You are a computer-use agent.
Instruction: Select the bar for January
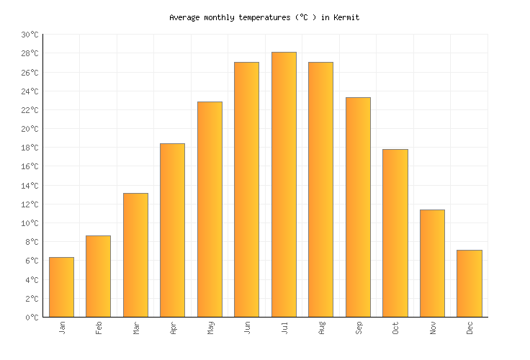[x=61, y=287]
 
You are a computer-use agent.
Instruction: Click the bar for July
[x=284, y=184]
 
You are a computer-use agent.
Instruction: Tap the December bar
[x=470, y=283]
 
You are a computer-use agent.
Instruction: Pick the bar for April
[x=172, y=230]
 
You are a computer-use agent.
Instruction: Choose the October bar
[x=395, y=233]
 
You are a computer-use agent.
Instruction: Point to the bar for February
[x=98, y=276]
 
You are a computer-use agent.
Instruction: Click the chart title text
[x=264, y=17]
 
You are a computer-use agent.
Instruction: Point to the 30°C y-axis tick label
[x=30, y=35]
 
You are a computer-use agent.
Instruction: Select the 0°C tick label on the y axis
[x=32, y=317]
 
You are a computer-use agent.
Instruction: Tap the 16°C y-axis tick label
[x=30, y=166]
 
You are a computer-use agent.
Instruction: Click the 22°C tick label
[x=30, y=110]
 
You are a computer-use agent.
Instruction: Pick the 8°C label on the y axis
[x=32, y=242]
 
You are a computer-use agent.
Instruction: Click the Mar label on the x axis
[x=136, y=328]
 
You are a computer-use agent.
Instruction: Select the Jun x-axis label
[x=247, y=328]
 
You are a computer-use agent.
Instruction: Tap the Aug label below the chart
[x=321, y=328]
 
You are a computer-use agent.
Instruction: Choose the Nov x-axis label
[x=433, y=328]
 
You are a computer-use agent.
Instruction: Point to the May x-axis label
[x=210, y=328]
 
